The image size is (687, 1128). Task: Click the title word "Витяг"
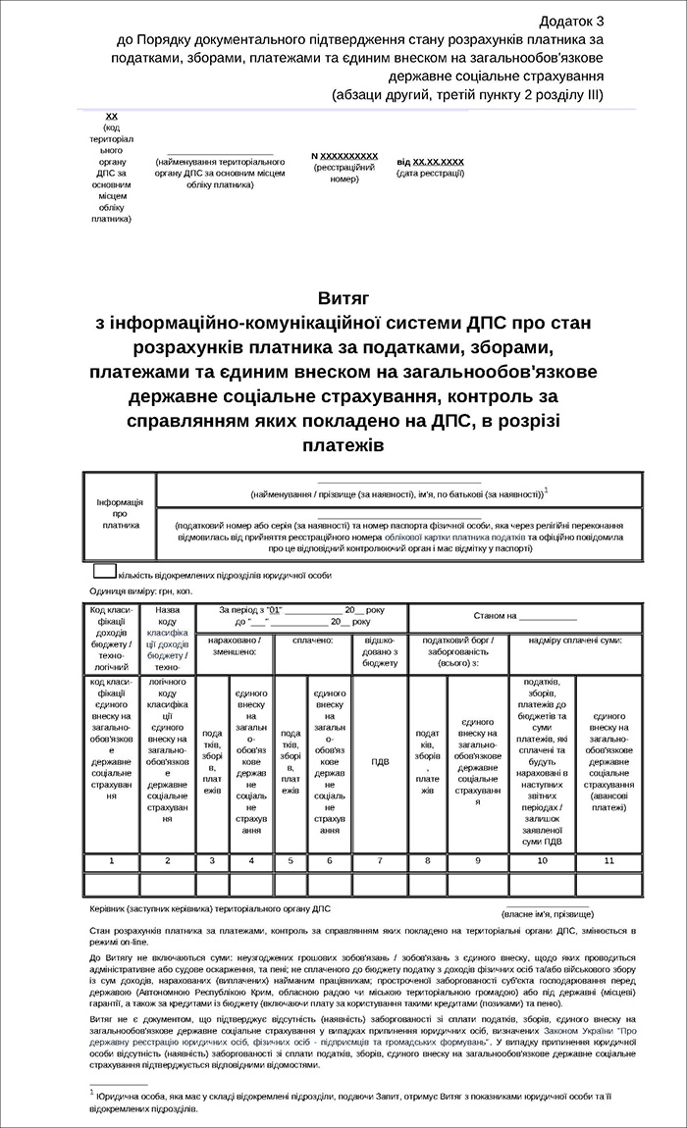point(343,297)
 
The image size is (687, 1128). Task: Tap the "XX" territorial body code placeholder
point(112,117)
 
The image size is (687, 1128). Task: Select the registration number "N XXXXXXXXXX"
point(344,156)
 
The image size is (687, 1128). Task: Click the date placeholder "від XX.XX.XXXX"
point(430,161)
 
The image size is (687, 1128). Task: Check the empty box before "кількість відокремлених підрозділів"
point(104,571)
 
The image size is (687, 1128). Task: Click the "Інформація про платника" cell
point(120,513)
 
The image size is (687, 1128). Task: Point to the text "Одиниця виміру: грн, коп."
point(140,590)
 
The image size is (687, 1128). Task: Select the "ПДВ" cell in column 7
point(380,760)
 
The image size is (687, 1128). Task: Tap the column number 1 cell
point(112,860)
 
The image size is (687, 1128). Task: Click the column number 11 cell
point(608,860)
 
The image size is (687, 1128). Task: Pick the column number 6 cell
point(330,860)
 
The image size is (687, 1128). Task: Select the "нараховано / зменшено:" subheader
point(235,645)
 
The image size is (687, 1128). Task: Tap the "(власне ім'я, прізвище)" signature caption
point(547,912)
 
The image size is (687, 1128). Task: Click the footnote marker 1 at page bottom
point(91,1091)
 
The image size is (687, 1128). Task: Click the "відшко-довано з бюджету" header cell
point(380,651)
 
